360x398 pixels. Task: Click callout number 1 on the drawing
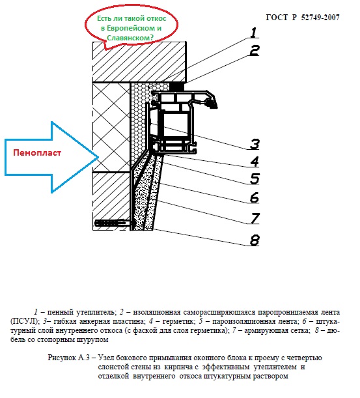click(x=254, y=33)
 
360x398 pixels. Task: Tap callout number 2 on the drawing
click(x=254, y=50)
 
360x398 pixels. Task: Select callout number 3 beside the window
click(x=255, y=144)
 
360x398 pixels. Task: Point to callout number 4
click(x=255, y=162)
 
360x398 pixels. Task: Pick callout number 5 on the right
click(x=255, y=178)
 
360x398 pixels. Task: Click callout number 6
click(x=255, y=197)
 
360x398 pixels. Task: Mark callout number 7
click(x=255, y=218)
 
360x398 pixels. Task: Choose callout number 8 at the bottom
click(x=255, y=240)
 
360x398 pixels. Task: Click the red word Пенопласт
click(x=37, y=152)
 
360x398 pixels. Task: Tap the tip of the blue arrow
click(x=98, y=157)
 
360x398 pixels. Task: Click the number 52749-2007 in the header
click(x=320, y=17)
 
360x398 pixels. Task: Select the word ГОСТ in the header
click(x=277, y=17)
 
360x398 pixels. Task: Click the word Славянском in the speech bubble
click(x=129, y=38)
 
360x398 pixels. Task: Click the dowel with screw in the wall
click(x=114, y=223)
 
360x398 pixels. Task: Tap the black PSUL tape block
click(x=176, y=86)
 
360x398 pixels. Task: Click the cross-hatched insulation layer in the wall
click(x=111, y=127)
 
